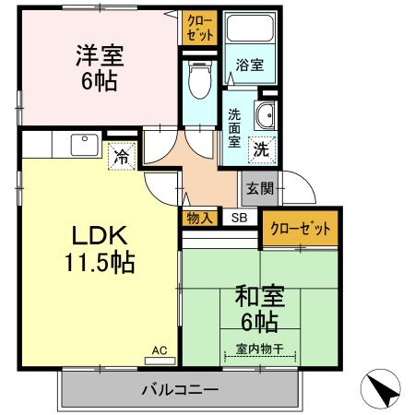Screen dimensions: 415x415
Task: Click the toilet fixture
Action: (200, 79)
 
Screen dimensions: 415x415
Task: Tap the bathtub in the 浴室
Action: (250, 28)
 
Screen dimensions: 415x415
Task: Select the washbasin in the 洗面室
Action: (264, 115)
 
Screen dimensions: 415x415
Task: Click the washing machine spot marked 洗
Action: (262, 149)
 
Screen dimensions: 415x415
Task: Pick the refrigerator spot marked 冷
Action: (122, 156)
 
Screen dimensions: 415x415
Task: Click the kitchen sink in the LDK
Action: (85, 145)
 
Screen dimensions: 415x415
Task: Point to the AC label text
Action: (160, 350)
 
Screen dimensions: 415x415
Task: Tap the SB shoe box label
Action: (239, 218)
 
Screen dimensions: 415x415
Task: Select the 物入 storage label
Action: (200, 219)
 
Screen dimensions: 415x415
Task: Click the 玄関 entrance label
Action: (260, 188)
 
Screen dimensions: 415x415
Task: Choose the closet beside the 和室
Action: (300, 228)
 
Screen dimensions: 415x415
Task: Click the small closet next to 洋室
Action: (200, 28)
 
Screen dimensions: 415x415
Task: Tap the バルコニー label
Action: (180, 390)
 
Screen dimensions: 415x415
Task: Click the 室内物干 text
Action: (260, 349)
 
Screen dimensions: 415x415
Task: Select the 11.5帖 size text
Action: (100, 263)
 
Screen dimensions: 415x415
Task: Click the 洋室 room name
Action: (100, 55)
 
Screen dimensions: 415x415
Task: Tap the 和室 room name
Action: (260, 296)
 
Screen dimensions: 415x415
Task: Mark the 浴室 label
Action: (250, 65)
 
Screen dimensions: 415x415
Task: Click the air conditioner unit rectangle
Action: (160, 361)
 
